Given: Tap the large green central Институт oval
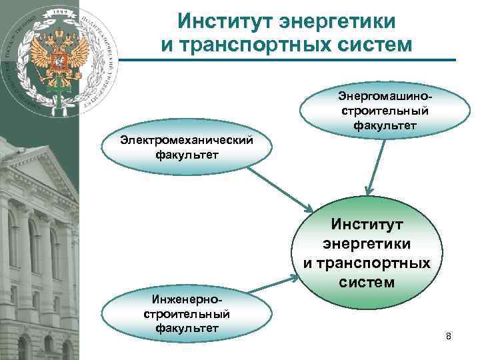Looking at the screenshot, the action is click(x=367, y=252).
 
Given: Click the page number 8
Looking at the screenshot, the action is click(x=449, y=337).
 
